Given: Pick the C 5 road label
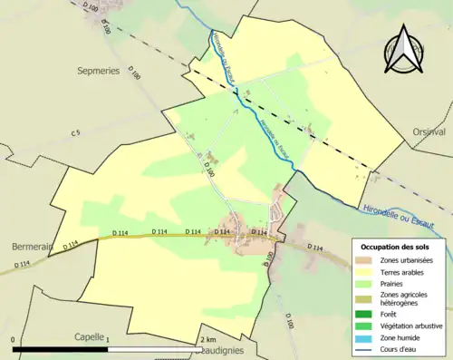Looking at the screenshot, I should coord(77,134).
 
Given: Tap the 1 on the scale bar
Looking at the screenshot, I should coord(108,339).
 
